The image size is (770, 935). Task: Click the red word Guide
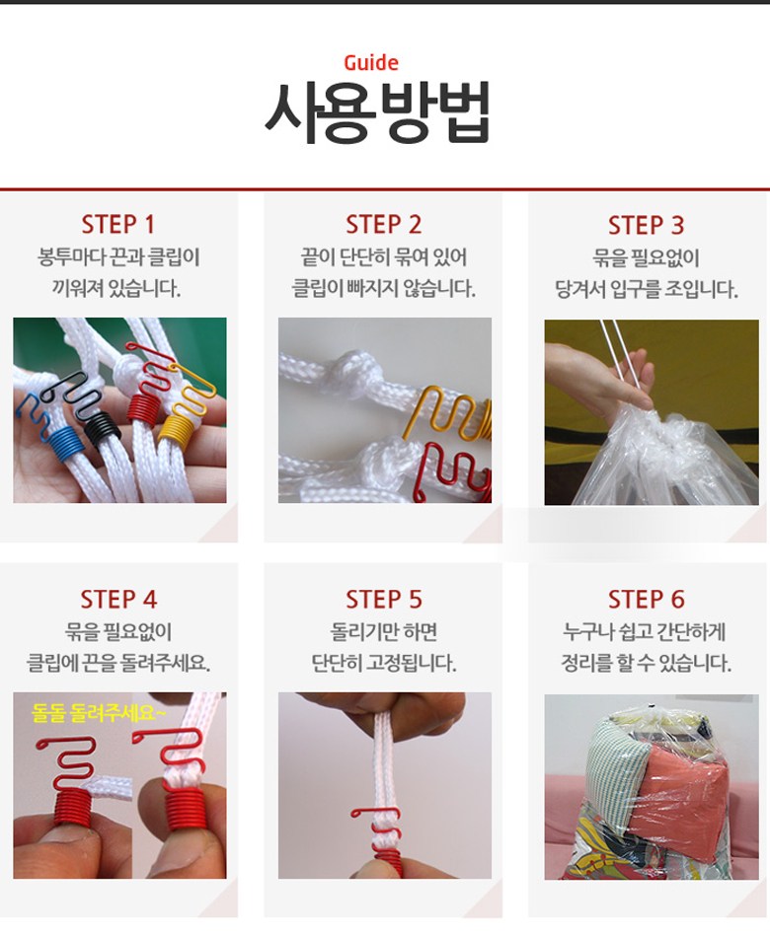click(370, 62)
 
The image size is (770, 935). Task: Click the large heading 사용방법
click(377, 113)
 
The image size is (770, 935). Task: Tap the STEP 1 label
click(118, 225)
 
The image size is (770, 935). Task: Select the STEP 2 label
click(384, 225)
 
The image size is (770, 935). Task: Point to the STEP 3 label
click(646, 226)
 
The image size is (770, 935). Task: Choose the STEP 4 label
click(118, 600)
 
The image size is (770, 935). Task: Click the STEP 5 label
click(384, 600)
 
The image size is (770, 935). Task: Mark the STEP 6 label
click(647, 600)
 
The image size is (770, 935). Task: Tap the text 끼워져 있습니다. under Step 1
click(116, 289)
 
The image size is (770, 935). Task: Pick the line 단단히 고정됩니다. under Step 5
click(384, 663)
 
